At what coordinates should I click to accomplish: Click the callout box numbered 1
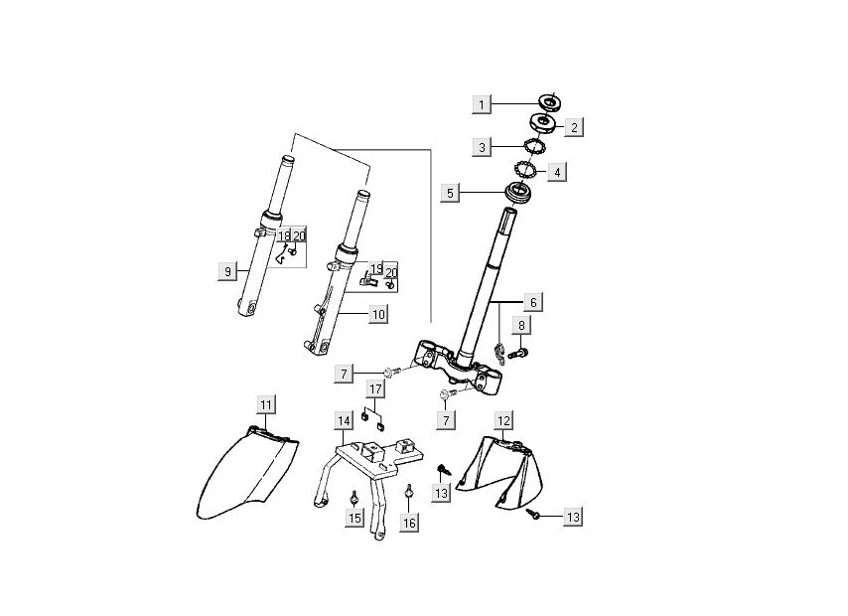(x=482, y=104)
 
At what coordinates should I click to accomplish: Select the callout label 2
(x=573, y=127)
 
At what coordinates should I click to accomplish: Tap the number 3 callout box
(x=482, y=147)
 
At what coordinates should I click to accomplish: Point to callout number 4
(x=557, y=171)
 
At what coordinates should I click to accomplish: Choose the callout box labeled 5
(x=450, y=192)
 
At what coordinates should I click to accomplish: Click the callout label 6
(x=532, y=301)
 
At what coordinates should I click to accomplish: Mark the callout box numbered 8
(x=522, y=325)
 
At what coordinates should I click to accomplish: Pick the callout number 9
(x=227, y=270)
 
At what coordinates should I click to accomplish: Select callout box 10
(x=377, y=315)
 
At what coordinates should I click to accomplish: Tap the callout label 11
(x=266, y=403)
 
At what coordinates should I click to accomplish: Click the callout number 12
(x=504, y=420)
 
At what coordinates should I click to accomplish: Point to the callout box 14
(x=343, y=421)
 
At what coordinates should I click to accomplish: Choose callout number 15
(x=353, y=519)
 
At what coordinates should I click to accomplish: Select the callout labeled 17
(x=376, y=387)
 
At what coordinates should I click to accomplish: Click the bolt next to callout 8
(x=515, y=354)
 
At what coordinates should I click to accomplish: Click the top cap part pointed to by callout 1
(x=549, y=100)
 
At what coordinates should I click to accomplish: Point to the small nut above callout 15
(x=353, y=495)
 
